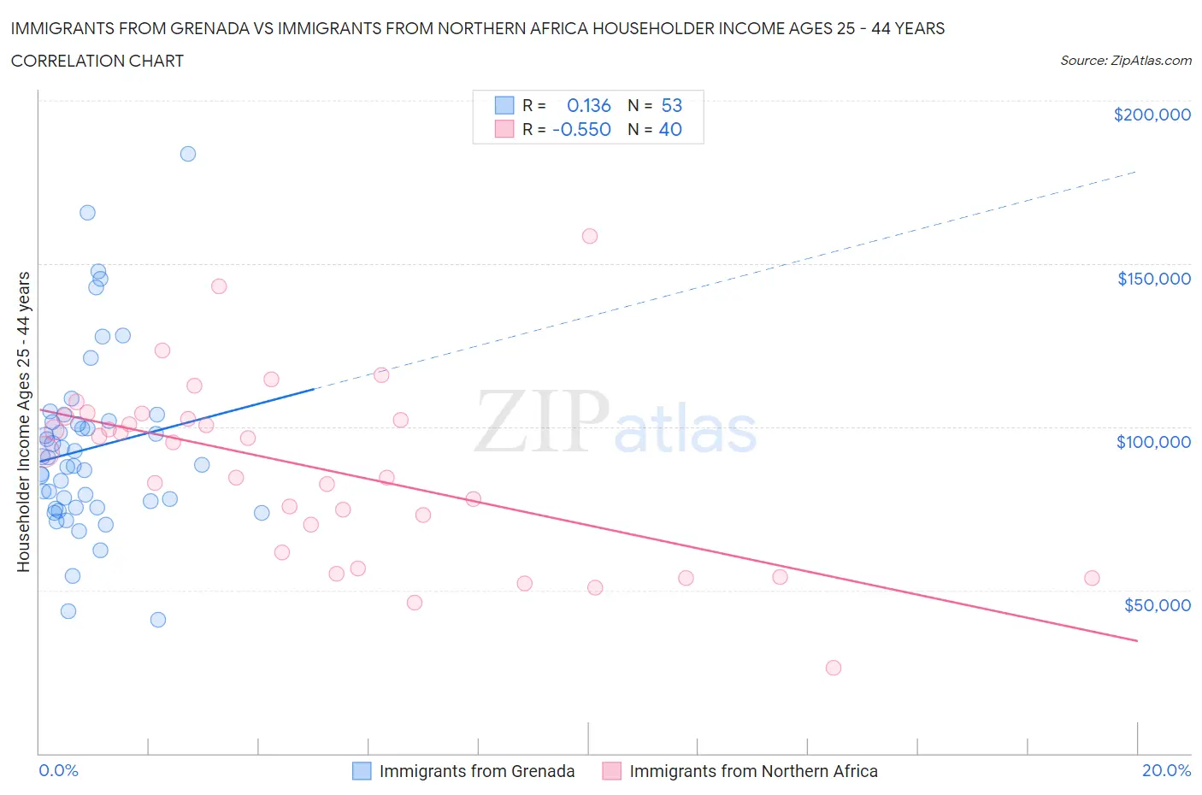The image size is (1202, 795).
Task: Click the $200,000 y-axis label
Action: click(x=1152, y=115)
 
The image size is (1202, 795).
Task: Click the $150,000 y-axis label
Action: click(x=1153, y=279)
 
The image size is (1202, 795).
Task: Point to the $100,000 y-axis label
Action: click(x=1153, y=442)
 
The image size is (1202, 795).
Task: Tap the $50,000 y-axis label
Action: click(x=1157, y=605)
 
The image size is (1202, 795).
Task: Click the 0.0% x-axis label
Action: click(x=58, y=770)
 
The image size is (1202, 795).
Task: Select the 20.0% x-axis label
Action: click(x=1166, y=770)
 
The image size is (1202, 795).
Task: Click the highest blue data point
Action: click(x=188, y=154)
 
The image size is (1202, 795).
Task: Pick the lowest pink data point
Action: click(x=834, y=668)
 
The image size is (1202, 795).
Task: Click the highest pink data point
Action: click(x=590, y=236)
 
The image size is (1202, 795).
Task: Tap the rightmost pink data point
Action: click(x=1092, y=578)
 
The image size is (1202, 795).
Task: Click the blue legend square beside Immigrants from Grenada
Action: click(x=362, y=771)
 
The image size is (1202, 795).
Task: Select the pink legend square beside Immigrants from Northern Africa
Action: click(x=611, y=771)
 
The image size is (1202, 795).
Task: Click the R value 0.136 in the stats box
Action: click(x=589, y=105)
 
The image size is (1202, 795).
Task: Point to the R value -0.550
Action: click(x=581, y=129)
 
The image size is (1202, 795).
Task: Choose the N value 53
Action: click(x=672, y=105)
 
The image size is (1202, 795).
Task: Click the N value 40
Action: click(x=670, y=129)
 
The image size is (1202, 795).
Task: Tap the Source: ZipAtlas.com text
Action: click(x=1125, y=61)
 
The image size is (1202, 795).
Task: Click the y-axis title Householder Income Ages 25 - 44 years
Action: click(x=24, y=421)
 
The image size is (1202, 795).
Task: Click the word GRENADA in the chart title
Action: click(x=211, y=28)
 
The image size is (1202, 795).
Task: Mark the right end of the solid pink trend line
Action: click(x=1138, y=640)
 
